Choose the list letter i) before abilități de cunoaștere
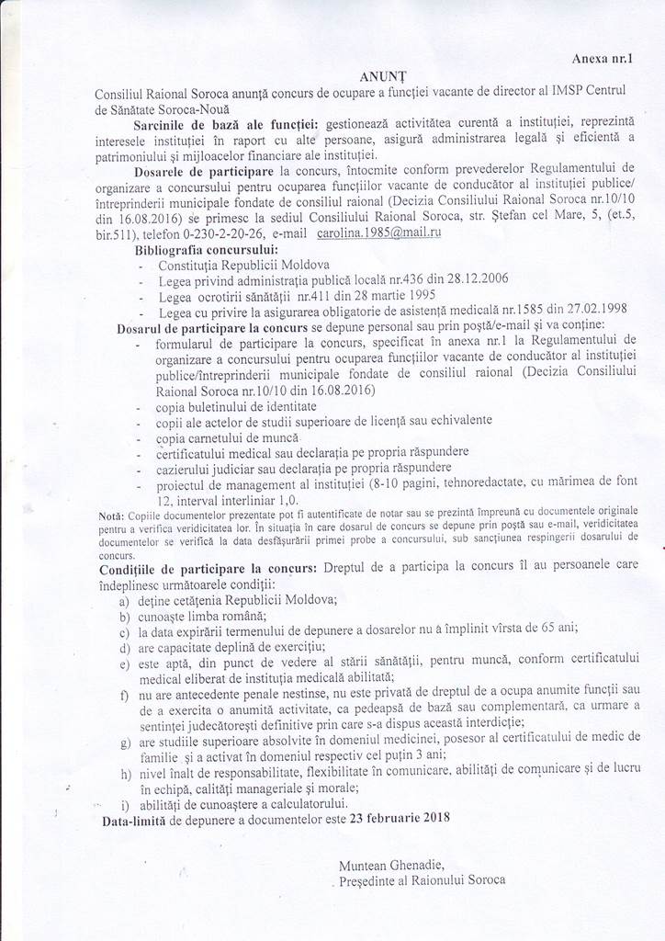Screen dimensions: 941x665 [x=123, y=802]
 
